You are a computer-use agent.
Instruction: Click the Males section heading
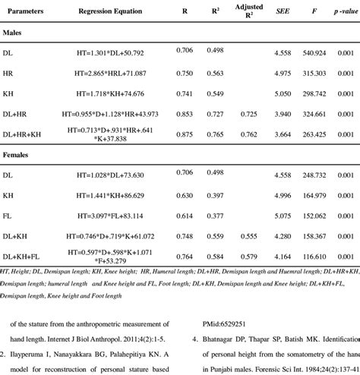click(x=14, y=35)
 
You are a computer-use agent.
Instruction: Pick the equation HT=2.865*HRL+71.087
click(x=112, y=74)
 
